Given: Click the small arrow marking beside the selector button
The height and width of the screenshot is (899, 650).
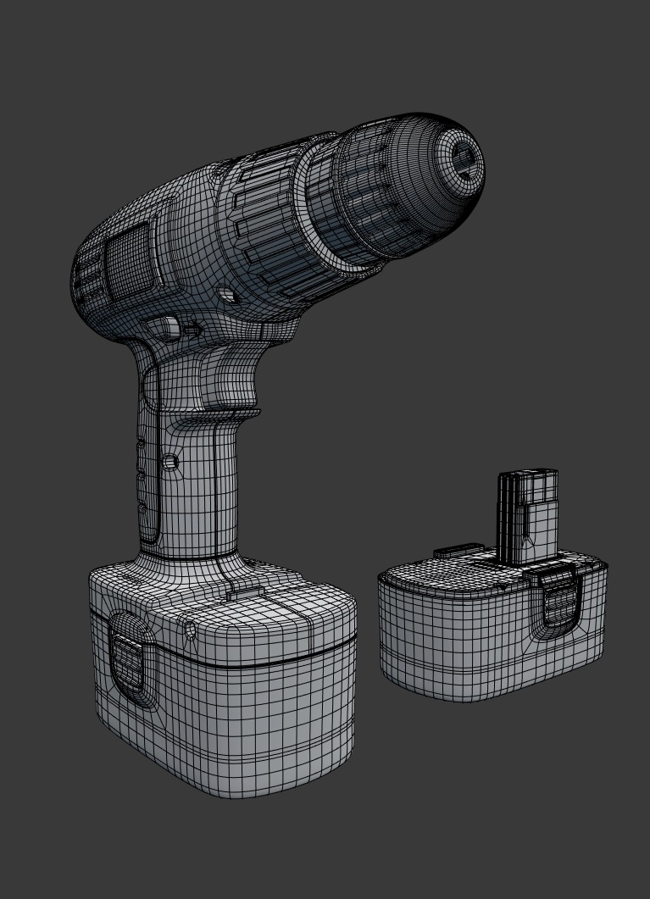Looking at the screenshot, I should (x=194, y=330).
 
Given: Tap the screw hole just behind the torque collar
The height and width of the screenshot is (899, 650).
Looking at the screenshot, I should (x=227, y=296).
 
